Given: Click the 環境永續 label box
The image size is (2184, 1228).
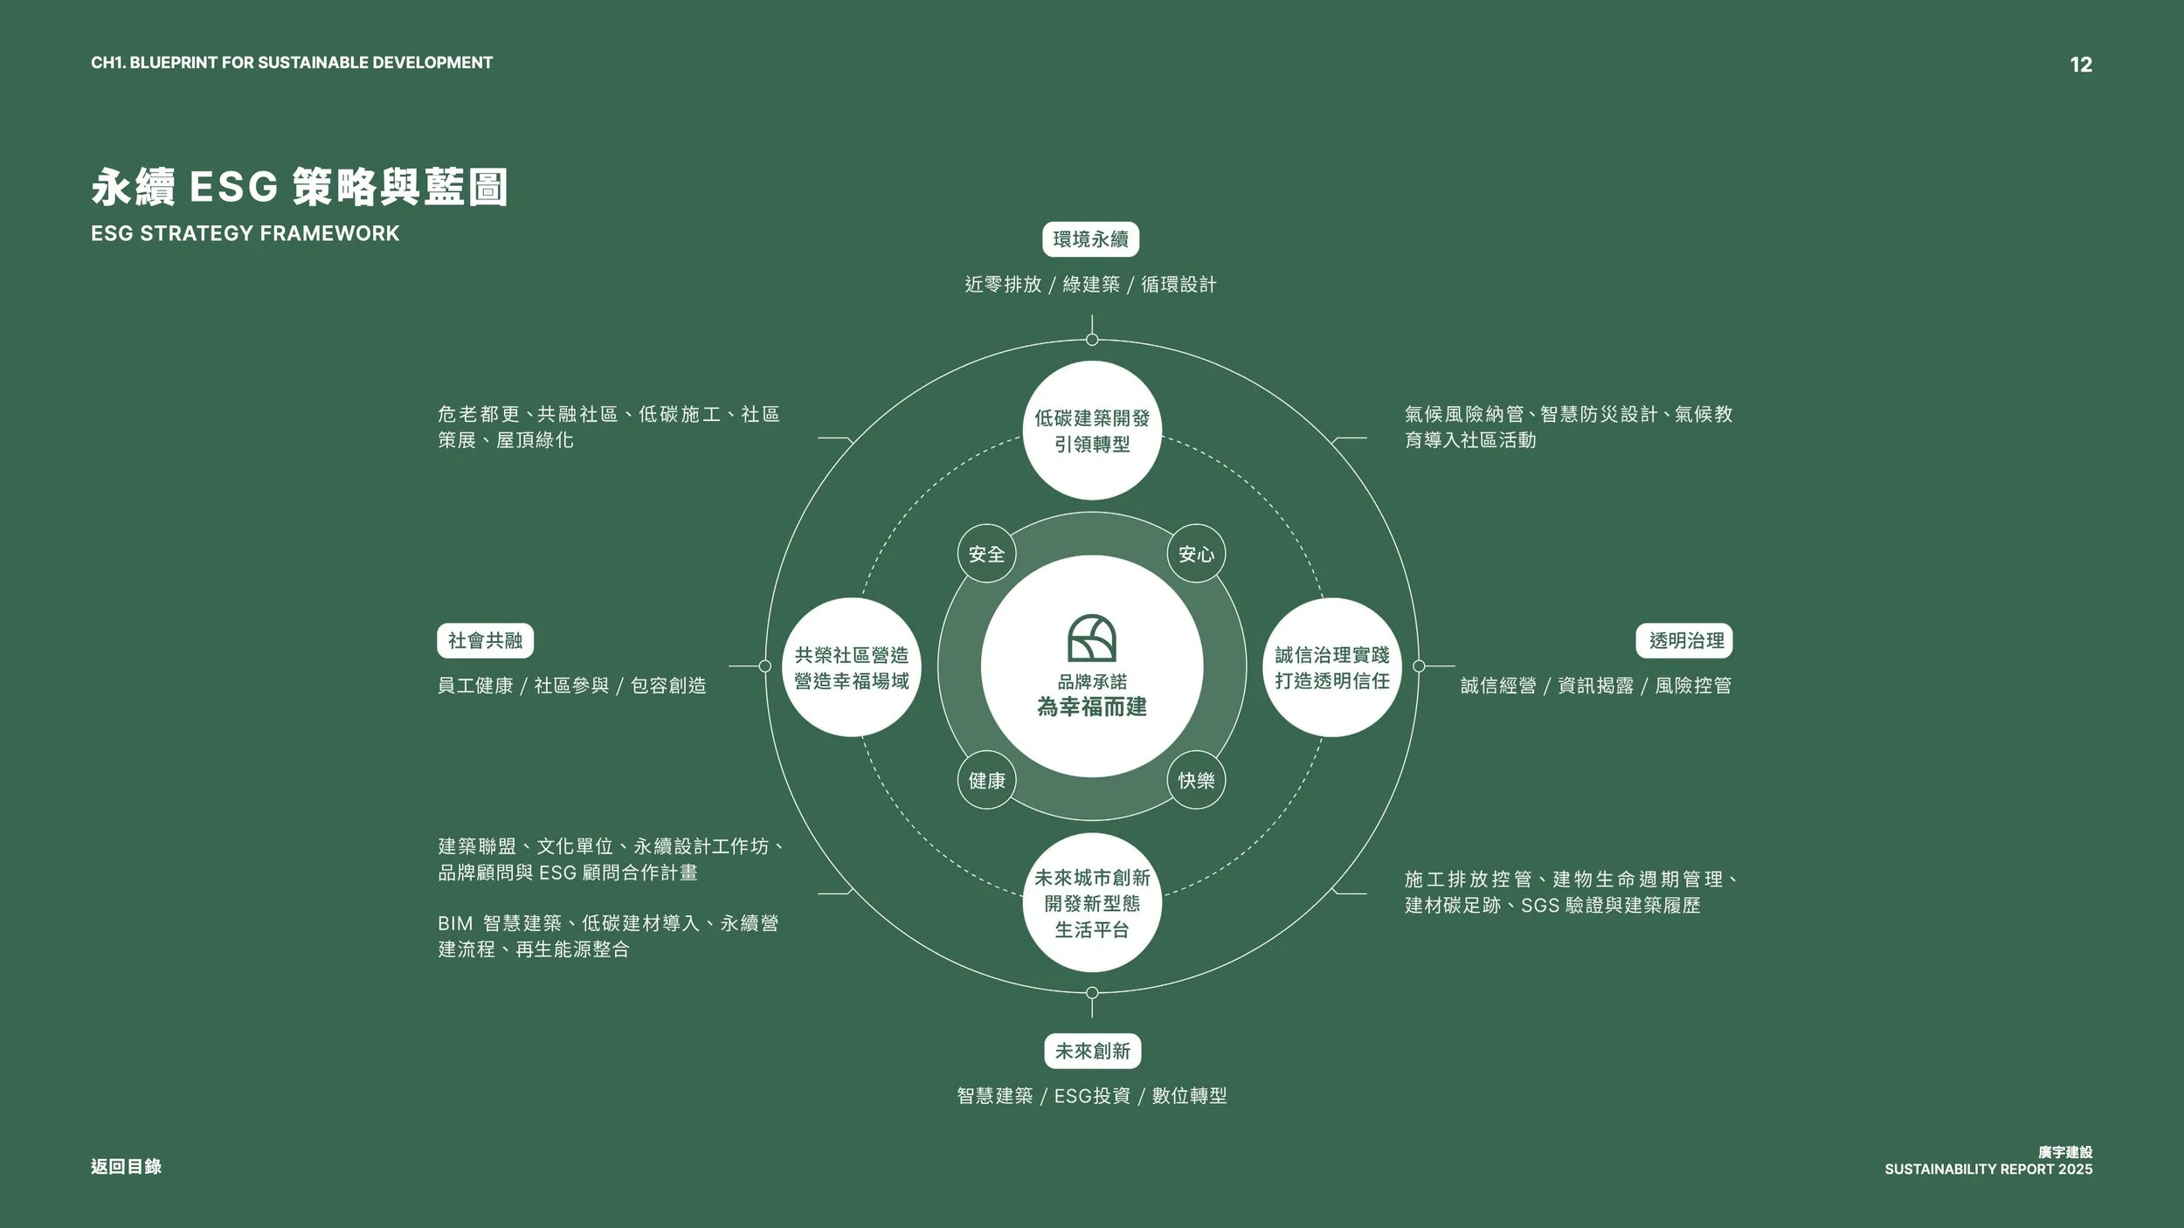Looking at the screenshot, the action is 1090,239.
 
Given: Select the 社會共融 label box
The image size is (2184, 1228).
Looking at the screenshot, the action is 485,641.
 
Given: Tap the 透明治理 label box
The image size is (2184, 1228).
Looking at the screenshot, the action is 1685,641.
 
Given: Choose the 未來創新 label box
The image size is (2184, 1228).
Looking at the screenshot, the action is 1092,1051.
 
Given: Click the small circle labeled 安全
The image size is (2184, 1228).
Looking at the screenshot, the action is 986,554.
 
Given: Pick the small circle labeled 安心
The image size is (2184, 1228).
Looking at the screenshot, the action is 1196,554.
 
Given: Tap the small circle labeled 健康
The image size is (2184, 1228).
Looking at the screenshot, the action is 986,780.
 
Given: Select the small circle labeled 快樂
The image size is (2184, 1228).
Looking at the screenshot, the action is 1196,780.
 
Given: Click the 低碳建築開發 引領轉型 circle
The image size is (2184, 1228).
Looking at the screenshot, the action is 1092,431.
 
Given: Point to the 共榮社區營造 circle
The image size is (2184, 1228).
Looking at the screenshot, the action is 852,667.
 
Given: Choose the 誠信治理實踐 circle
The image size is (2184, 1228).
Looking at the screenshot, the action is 1331,667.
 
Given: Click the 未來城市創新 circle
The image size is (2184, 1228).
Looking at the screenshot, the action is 1092,903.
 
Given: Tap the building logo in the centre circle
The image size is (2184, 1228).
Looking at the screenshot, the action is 1092,638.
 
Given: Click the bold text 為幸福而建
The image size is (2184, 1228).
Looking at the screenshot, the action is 1092,707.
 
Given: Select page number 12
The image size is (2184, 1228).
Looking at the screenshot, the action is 2081,65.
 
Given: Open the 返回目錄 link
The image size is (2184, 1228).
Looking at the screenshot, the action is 126,1166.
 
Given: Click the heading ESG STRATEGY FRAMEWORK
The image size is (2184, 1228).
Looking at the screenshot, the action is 245,233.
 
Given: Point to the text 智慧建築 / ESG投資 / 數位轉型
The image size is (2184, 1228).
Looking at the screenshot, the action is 1092,1095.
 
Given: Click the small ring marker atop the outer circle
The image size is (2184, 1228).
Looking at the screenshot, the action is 1092,340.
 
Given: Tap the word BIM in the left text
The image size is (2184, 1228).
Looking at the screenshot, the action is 455,923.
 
